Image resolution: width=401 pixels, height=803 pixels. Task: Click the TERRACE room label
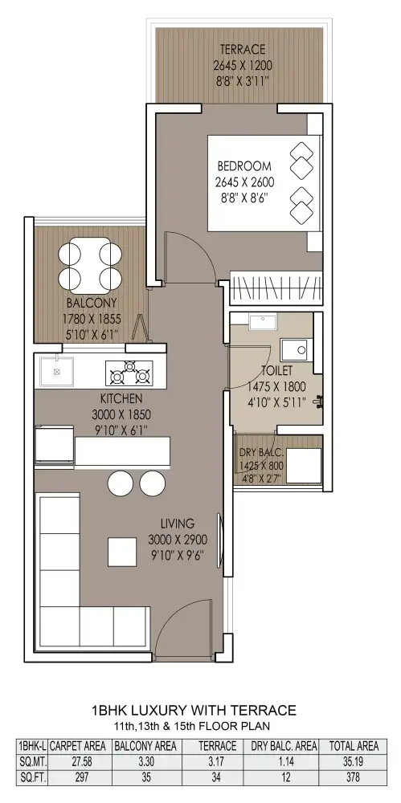click(x=243, y=50)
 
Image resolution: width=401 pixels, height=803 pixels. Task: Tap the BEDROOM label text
click(x=244, y=166)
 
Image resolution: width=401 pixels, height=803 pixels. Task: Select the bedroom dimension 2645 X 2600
click(x=244, y=181)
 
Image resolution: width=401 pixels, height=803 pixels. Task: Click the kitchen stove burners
click(x=129, y=373)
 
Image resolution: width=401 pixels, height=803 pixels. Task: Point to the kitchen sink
click(x=57, y=371)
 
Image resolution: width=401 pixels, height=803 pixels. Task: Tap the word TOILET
click(x=277, y=369)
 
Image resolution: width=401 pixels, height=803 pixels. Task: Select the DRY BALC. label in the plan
click(x=261, y=453)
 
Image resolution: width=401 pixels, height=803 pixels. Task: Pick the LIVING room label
click(x=178, y=524)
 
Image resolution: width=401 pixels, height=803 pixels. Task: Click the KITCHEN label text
click(x=121, y=398)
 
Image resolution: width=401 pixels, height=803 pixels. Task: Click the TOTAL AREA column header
click(x=354, y=746)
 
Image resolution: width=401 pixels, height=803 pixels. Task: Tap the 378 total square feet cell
click(x=354, y=777)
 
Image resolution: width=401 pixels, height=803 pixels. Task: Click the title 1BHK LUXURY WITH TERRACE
click(x=194, y=711)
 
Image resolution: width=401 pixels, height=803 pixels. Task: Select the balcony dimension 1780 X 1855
click(x=92, y=320)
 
